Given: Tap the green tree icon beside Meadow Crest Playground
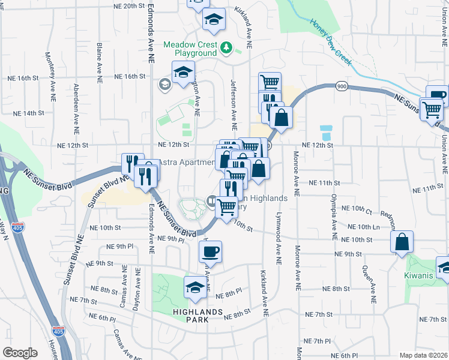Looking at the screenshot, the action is coord(226,46).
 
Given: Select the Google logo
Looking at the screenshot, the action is coord(20,352).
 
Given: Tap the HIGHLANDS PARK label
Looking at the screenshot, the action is coord(197,316).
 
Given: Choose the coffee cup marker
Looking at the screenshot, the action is coord(210,252).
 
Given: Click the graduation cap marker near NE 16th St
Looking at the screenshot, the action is coord(182,73).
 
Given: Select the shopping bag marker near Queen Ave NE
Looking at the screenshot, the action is coord(402,242).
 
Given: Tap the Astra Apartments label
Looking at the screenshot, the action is coord(186,163).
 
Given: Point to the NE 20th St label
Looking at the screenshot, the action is coord(120,5).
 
